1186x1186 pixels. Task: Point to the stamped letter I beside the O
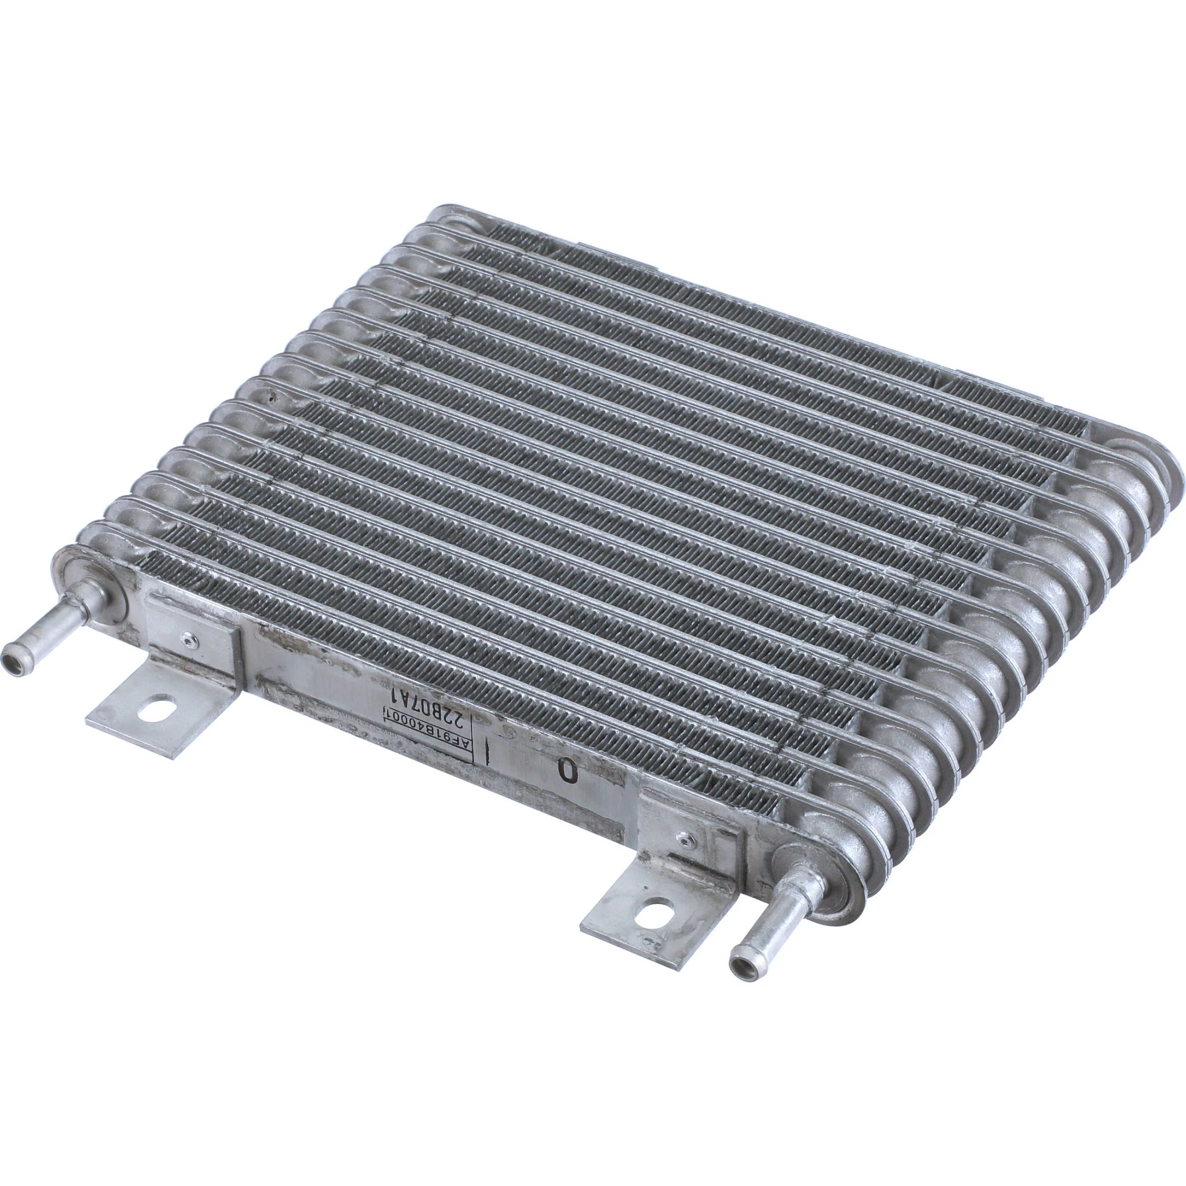click(x=489, y=750)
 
